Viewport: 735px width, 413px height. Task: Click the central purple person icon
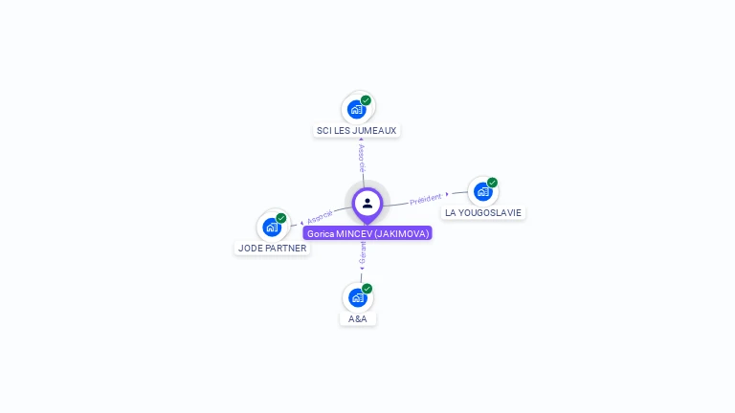tap(367, 203)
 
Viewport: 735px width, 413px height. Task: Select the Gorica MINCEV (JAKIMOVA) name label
tap(367, 233)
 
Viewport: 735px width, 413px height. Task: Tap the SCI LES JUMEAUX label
tap(356, 130)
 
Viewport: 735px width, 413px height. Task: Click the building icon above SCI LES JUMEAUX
tap(357, 109)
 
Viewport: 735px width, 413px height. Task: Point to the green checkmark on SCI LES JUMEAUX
tap(366, 100)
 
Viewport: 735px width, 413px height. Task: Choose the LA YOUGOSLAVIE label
tap(483, 212)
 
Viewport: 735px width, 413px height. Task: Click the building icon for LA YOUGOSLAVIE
tap(483, 191)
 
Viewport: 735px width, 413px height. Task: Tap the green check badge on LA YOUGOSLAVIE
tap(492, 183)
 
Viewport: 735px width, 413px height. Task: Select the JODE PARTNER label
tap(273, 248)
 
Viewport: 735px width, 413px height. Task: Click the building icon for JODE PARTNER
tap(273, 227)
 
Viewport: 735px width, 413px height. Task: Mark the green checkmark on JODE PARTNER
tap(281, 218)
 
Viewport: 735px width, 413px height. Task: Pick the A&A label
tap(358, 318)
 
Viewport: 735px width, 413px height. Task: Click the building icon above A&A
tap(358, 297)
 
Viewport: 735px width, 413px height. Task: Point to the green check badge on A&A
tap(367, 289)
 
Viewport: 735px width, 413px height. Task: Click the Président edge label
tap(426, 200)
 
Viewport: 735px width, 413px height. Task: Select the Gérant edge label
tap(363, 252)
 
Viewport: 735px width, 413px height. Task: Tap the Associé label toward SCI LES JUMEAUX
tap(361, 158)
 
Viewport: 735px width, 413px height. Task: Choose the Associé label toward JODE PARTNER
tap(320, 216)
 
